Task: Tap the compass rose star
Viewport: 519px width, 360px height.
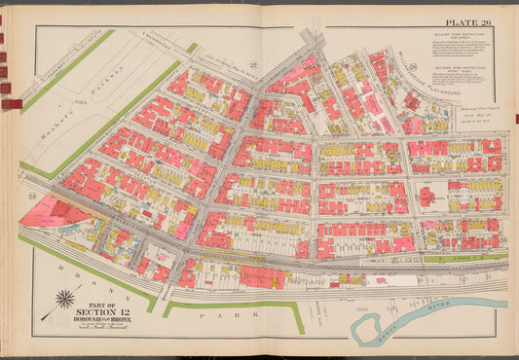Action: tap(65, 299)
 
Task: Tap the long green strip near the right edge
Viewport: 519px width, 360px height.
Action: tap(463, 259)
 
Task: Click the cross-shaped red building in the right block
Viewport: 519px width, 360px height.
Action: tap(426, 196)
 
